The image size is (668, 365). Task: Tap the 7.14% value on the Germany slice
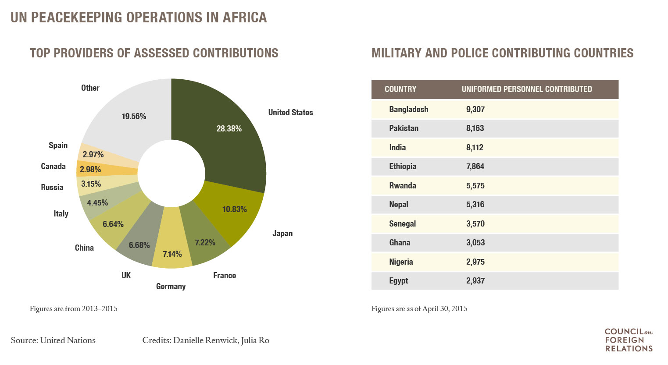click(172, 254)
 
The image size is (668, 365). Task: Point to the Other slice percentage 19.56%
click(134, 116)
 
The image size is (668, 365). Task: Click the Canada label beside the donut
click(53, 167)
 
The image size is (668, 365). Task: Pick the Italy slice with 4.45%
click(97, 202)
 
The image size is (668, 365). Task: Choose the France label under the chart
click(225, 275)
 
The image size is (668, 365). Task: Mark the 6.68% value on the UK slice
click(139, 245)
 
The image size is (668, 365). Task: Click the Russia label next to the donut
click(52, 188)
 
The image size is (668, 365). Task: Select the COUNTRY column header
click(400, 89)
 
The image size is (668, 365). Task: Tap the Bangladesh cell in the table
click(409, 110)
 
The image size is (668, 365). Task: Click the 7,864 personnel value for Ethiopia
click(475, 167)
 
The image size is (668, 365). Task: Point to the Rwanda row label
click(403, 186)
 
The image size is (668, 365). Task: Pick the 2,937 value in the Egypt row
click(475, 281)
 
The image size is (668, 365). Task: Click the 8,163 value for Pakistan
click(475, 128)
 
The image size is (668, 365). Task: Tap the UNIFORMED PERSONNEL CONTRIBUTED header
click(527, 89)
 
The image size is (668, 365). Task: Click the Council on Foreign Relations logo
click(629, 340)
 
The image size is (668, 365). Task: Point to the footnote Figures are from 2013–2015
click(74, 308)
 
